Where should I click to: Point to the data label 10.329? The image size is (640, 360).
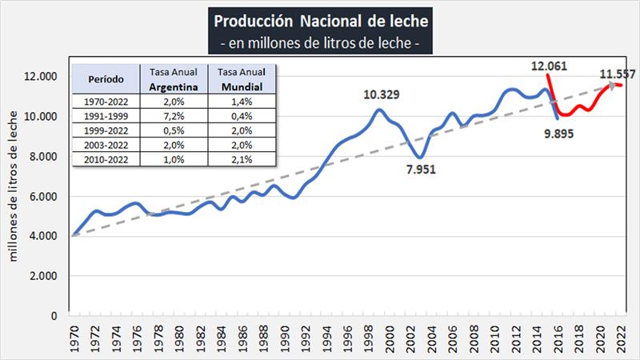pyautogui.click(x=382, y=95)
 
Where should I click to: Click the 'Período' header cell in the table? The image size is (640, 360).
pyautogui.click(x=105, y=79)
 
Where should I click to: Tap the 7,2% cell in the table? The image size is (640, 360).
pyautogui.click(x=174, y=116)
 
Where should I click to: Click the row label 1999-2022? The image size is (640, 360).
pyautogui.click(x=105, y=130)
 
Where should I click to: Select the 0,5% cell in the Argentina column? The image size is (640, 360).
pyautogui.click(x=174, y=130)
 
